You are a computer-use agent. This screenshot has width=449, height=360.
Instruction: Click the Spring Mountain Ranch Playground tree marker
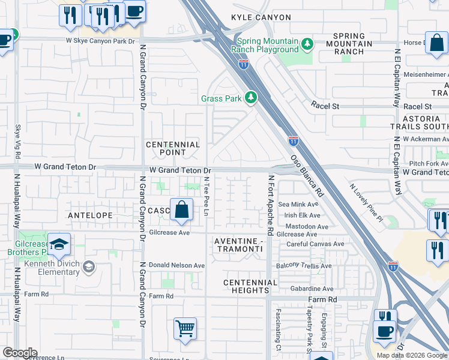pos(307,44)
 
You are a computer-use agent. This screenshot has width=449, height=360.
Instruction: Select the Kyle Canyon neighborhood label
pos(264,18)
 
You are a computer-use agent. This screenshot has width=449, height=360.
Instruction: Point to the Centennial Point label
pos(173,149)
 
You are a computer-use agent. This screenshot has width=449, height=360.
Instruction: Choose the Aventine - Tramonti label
pos(239,245)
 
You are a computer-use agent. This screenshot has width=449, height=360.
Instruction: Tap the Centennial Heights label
pos(246,286)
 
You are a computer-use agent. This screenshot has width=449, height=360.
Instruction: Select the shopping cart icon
pos(185,328)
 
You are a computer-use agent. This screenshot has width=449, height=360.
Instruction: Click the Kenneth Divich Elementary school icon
pos(89,266)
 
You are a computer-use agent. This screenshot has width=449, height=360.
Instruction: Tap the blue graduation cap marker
pos(59,244)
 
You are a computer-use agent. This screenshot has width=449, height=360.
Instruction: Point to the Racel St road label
pos(325,106)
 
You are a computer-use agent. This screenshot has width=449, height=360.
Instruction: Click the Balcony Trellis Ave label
pos(304,266)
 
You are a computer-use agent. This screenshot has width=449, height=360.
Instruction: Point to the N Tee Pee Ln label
pos(206,196)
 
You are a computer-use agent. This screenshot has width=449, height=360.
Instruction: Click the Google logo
pos(19,353)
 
